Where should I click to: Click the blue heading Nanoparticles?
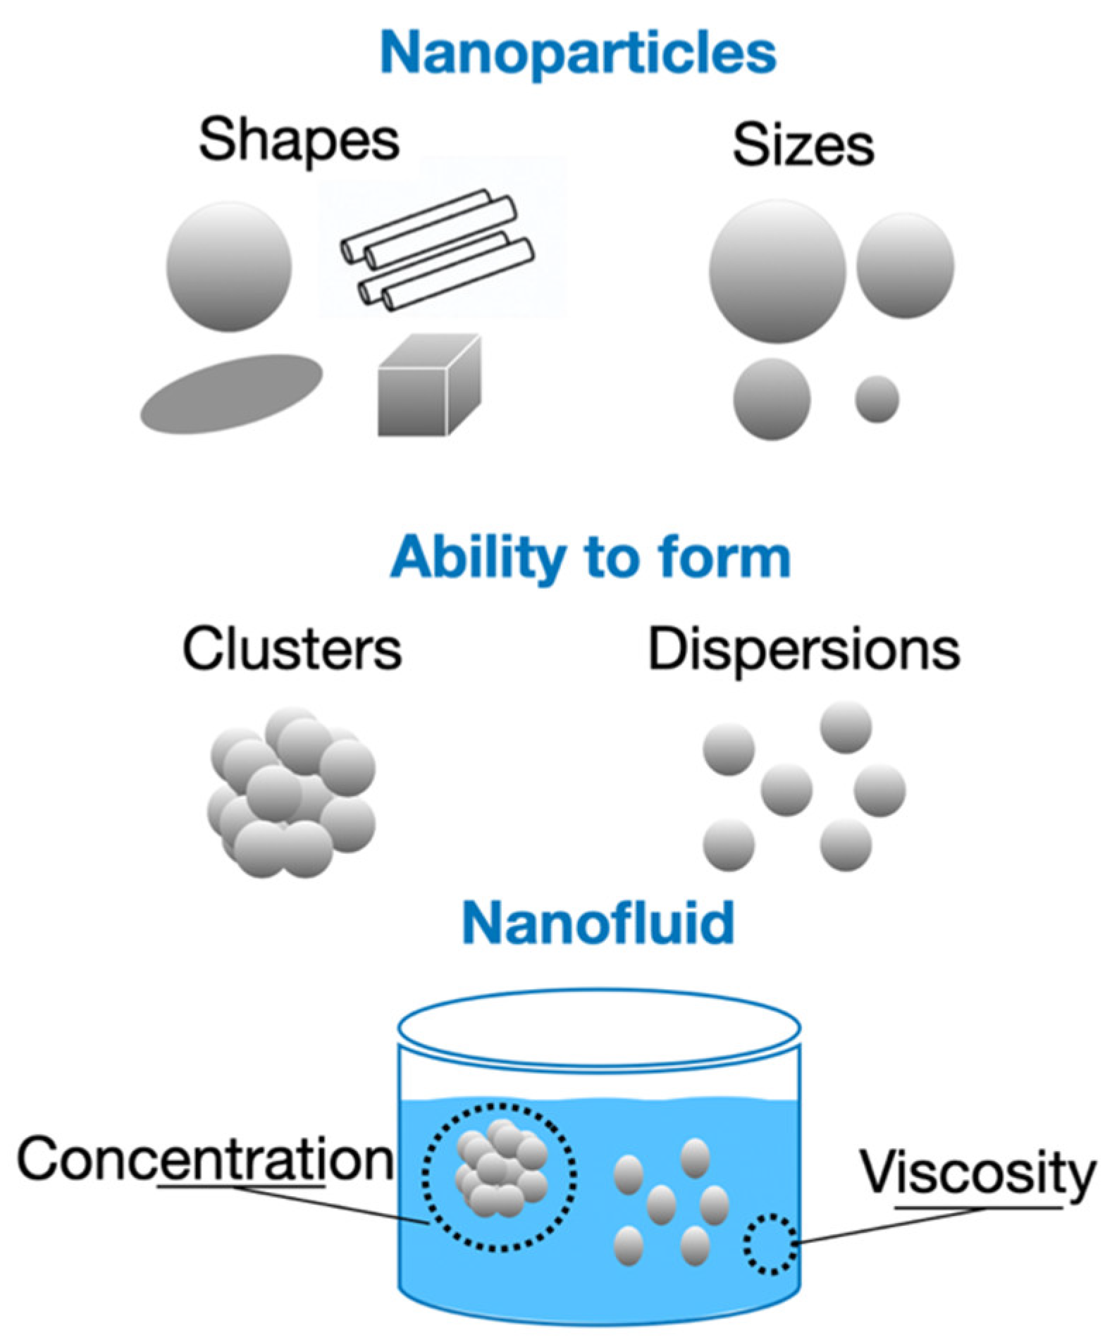(x=578, y=53)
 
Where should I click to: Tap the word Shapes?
(x=299, y=141)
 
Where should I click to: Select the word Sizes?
(x=803, y=146)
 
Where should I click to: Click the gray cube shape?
(x=428, y=386)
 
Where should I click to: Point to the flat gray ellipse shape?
(x=231, y=393)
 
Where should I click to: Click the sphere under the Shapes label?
(x=229, y=266)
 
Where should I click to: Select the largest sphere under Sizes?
(x=777, y=271)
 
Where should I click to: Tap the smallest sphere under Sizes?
(x=877, y=399)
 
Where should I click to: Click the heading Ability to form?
(x=591, y=557)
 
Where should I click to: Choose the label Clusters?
(x=292, y=648)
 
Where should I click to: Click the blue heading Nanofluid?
(x=598, y=923)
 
